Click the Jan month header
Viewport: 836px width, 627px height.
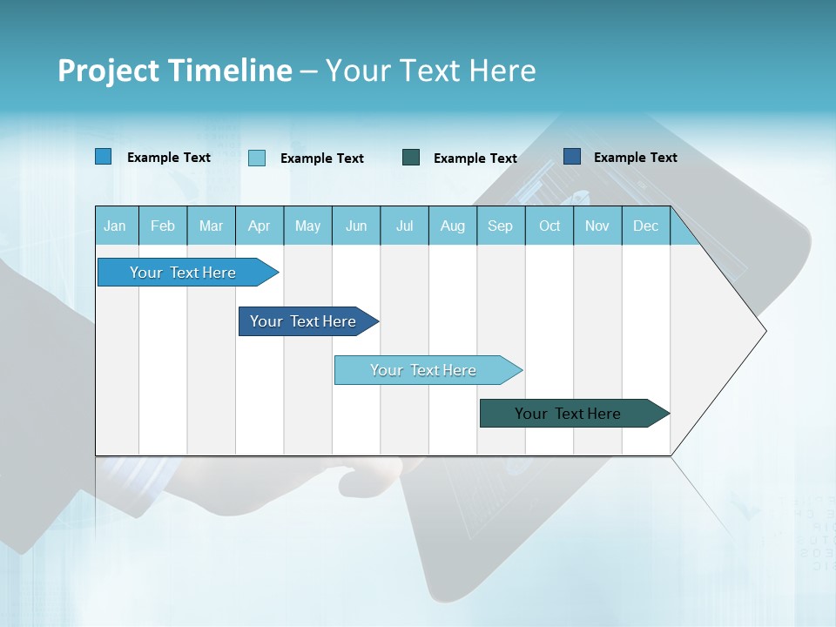[x=115, y=226]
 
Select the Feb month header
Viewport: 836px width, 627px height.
[x=163, y=226]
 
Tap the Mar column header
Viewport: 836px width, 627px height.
[x=211, y=226]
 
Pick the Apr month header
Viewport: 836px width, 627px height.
[x=259, y=226]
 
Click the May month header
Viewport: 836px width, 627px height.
[x=307, y=226]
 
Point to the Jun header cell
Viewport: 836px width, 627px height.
[x=356, y=226]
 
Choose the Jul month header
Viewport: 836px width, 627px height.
[x=404, y=226]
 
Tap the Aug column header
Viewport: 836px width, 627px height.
[x=453, y=226]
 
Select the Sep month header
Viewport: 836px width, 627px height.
[x=500, y=226]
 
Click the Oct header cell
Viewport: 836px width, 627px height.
[x=549, y=226]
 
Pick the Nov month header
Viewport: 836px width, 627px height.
[x=597, y=226]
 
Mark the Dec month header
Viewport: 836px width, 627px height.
[x=645, y=226]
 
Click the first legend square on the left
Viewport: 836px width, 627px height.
[x=104, y=157]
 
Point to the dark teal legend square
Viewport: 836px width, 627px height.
[x=411, y=157]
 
